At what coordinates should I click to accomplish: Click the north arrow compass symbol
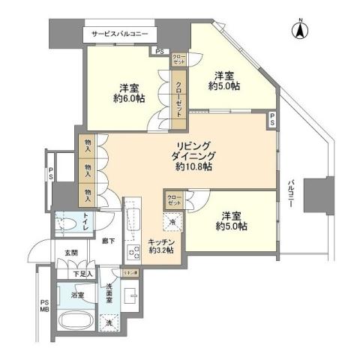point(299,31)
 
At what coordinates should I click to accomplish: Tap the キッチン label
point(161,241)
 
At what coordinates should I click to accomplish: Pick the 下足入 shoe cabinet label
point(82,274)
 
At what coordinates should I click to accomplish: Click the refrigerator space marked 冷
point(172,222)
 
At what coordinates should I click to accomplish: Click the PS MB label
point(43,307)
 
